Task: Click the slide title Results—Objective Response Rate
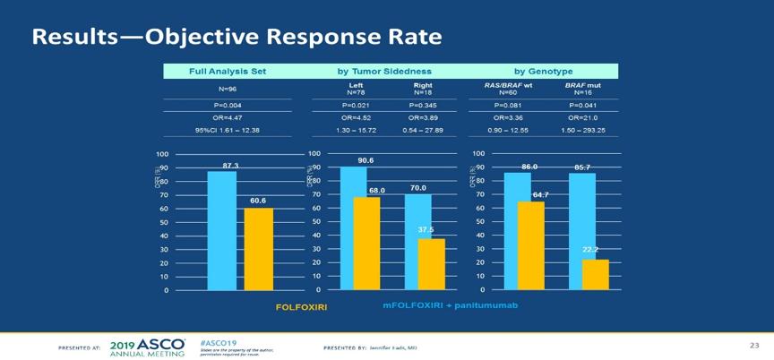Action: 236,38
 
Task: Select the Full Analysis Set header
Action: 228,71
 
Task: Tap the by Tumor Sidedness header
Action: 384,71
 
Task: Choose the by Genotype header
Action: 543,71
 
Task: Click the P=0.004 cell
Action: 228,106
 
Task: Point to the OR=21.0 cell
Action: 583,117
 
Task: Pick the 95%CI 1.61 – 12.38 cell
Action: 228,130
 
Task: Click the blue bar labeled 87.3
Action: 222,230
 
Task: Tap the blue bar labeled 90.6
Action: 353,228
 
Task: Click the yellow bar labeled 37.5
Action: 431,264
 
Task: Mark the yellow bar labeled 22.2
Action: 595,275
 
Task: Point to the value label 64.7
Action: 540,194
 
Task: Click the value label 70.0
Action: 417,188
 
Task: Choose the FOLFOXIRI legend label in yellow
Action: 301,306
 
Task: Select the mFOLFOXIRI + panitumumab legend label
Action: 450,305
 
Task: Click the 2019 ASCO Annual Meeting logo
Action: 148,346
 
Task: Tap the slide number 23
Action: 753,343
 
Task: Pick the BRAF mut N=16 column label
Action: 583,89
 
